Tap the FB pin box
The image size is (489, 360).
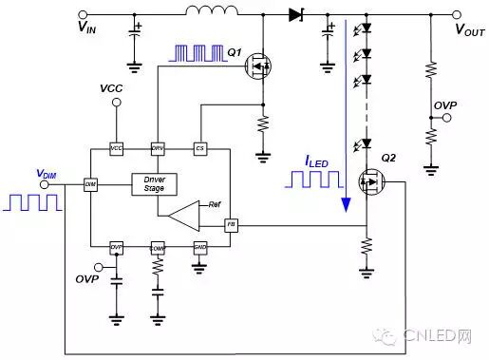[230, 225]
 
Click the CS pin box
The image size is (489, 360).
[199, 150]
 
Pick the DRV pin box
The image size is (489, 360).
[158, 150]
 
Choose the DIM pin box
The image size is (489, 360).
[90, 183]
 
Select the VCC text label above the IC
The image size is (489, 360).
[112, 88]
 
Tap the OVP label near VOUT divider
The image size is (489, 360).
[445, 103]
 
